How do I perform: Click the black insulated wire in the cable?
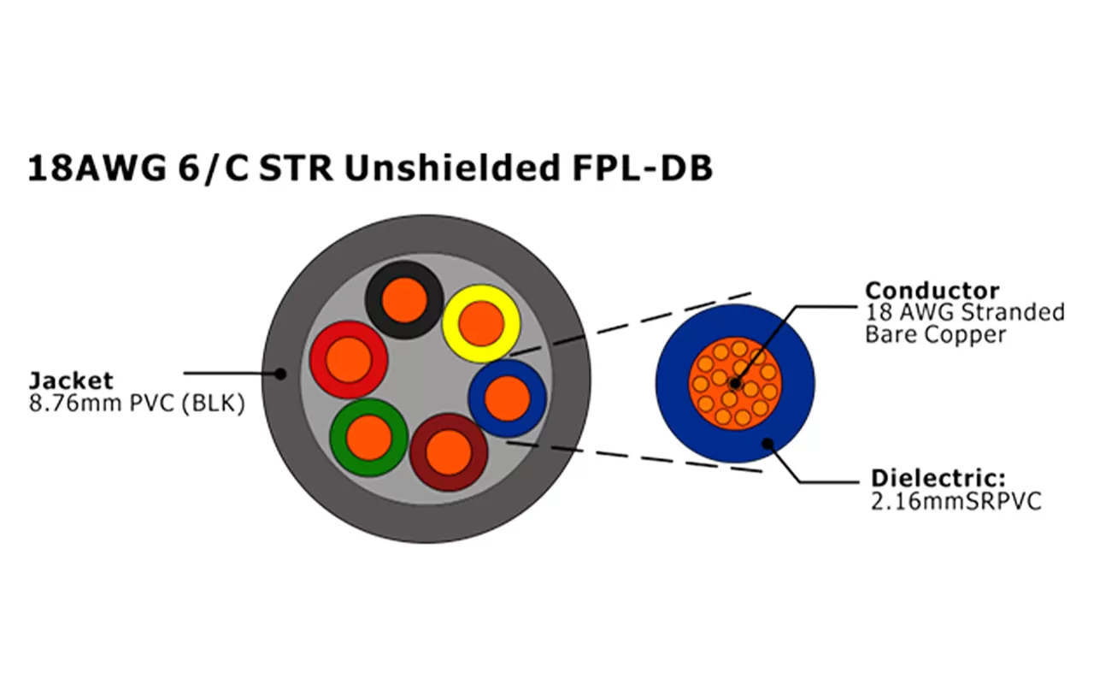point(403,299)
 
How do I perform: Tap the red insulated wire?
point(348,359)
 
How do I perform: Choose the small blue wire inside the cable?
point(508,398)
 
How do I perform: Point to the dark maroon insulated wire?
point(449,451)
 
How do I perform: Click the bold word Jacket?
point(70,380)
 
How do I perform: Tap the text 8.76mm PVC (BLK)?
point(137,403)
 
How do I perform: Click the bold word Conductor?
point(932,291)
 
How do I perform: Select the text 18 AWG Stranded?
point(965,312)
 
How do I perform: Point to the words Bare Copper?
point(935,334)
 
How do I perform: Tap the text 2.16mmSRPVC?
point(956,500)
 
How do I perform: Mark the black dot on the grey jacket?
point(280,373)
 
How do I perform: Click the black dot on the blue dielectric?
point(768,443)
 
